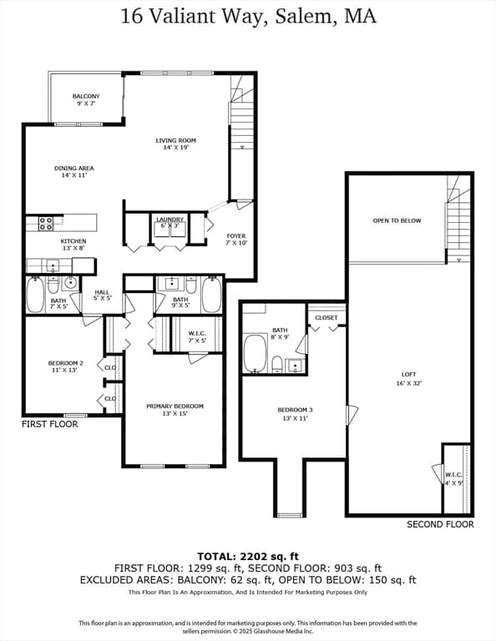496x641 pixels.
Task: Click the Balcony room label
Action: coord(86,100)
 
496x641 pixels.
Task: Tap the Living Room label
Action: coord(176,144)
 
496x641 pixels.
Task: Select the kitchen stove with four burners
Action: coord(46,223)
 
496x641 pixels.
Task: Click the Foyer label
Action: coord(236,240)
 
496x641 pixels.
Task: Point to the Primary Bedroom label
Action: coord(175,410)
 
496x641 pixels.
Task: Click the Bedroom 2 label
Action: coord(65,366)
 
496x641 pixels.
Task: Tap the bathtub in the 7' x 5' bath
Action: coord(36,295)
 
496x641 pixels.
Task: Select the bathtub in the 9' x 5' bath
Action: coord(211,295)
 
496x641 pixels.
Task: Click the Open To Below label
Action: coord(397,220)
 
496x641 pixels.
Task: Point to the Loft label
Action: coord(409,379)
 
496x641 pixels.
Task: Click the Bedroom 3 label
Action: coord(295,414)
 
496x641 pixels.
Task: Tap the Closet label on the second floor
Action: coord(326,318)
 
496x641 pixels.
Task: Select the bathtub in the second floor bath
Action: coord(256,354)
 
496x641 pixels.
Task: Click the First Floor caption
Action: coord(50,424)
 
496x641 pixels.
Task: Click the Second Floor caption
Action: coord(440,524)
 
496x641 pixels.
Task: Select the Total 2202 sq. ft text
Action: coord(248,557)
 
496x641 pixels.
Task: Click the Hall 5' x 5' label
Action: coord(102,295)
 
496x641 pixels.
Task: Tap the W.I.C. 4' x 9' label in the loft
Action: coord(454,478)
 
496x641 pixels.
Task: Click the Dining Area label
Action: coord(74,171)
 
